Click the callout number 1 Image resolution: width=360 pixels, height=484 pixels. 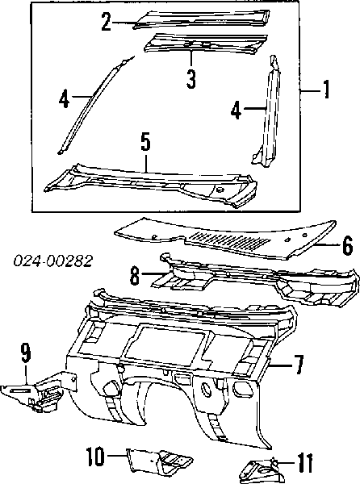326,90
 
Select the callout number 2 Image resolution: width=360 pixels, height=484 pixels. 107,22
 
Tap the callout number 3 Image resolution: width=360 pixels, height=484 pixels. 191,79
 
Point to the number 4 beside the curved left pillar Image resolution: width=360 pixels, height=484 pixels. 64,98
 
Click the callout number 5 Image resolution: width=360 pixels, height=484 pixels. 145,141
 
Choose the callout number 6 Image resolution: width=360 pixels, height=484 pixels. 348,245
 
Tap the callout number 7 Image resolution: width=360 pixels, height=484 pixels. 298,365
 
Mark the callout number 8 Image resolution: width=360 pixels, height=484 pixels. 135,275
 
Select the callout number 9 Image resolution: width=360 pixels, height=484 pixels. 26,353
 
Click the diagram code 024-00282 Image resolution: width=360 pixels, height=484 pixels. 52,261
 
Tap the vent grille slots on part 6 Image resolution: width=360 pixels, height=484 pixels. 230,240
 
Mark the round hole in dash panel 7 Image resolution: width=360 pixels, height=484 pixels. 206,389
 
